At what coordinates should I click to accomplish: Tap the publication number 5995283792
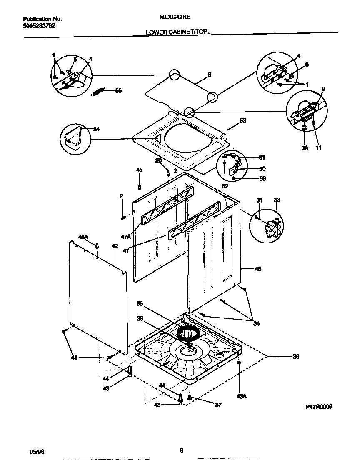[39, 25]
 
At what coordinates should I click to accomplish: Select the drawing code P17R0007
[319, 407]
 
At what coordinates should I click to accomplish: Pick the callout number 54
[96, 129]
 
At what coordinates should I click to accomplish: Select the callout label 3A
[304, 147]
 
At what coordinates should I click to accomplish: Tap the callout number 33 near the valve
[277, 200]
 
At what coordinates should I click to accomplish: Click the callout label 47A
[126, 237]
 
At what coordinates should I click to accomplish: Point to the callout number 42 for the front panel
[115, 246]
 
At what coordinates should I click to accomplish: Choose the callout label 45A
[84, 237]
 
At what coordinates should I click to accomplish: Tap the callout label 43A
[242, 396]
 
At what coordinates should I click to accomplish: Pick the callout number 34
[256, 322]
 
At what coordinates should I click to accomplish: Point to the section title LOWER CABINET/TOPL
[178, 32]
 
